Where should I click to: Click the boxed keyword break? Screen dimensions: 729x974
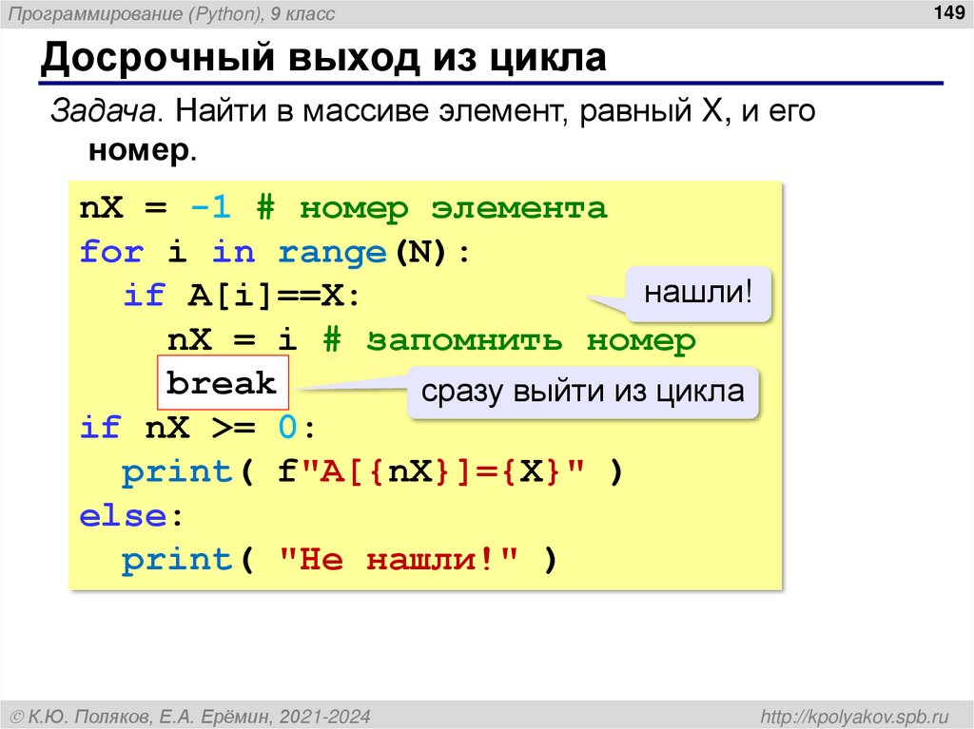(221, 384)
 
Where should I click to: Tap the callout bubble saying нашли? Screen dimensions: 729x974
(698, 293)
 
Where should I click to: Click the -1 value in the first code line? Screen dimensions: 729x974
(210, 207)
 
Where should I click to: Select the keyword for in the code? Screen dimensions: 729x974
(111, 252)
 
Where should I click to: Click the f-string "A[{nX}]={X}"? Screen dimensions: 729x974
(431, 472)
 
